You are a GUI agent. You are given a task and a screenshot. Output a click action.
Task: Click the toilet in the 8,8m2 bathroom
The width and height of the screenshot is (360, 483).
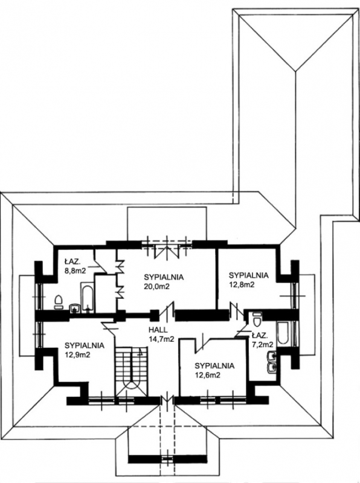click(x=58, y=302)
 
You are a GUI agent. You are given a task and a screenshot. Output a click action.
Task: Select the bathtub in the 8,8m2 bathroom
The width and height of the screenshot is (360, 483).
click(x=87, y=297)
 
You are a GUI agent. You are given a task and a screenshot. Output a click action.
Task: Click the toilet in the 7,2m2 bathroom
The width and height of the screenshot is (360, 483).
click(x=257, y=319)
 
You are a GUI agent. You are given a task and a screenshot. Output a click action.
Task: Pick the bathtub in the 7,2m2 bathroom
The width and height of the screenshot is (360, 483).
click(x=283, y=333)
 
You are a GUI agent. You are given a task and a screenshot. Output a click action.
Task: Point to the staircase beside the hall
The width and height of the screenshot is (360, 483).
click(x=131, y=371)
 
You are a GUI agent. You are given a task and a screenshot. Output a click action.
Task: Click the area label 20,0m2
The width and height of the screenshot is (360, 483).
click(x=157, y=286)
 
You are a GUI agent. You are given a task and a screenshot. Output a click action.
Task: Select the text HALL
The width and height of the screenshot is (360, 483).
click(x=158, y=330)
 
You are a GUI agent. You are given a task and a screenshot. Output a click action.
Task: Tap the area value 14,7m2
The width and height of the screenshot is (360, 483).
click(x=161, y=339)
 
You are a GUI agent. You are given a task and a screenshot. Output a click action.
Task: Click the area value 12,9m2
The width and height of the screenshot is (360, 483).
click(x=77, y=354)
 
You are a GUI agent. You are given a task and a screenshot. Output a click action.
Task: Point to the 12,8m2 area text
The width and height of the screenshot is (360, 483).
click(x=242, y=284)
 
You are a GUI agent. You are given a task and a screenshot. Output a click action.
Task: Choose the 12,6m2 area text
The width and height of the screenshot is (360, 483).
click(x=207, y=375)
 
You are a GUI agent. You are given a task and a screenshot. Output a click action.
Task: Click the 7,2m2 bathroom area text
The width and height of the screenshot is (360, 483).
click(x=262, y=344)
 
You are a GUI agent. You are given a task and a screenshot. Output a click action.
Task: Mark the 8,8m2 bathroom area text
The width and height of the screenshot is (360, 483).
click(x=74, y=270)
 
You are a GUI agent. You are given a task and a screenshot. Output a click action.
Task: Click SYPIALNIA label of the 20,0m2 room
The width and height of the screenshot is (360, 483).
click(x=164, y=277)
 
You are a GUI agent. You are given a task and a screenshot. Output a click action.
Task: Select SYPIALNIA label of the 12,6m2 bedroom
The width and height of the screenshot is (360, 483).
click(x=214, y=366)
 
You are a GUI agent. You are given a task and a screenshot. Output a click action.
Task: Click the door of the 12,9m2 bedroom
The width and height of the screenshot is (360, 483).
click(x=109, y=325)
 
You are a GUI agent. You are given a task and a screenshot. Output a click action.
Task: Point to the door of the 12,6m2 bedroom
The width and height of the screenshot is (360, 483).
click(x=202, y=342)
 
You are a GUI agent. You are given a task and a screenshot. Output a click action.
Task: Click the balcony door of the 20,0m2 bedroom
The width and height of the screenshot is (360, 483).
click(x=167, y=248)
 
